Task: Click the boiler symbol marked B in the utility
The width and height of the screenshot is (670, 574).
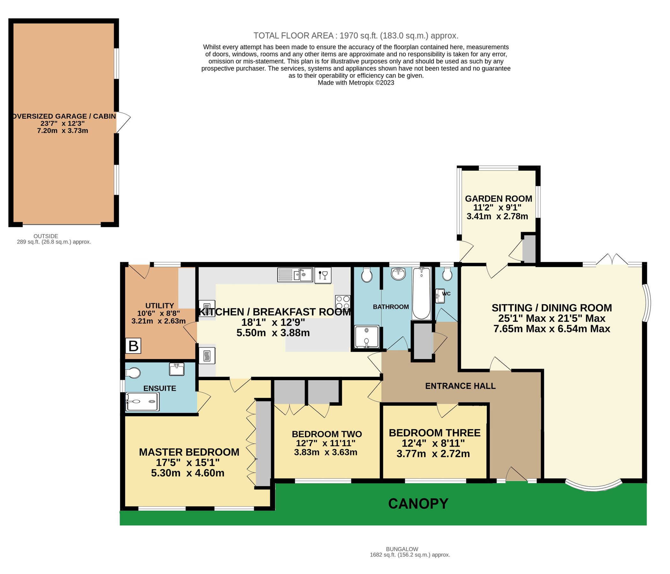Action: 133,346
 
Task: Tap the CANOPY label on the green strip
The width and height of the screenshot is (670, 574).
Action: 418,504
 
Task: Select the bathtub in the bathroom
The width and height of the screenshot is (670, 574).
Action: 421,293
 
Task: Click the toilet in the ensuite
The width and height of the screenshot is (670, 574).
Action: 133,373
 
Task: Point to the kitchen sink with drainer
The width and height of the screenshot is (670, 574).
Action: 295,275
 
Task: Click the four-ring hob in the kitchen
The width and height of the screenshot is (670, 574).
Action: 343,303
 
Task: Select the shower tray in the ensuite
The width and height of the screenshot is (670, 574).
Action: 142,401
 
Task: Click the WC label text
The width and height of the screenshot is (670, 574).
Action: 446,294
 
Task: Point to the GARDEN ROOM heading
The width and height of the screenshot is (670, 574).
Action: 498,198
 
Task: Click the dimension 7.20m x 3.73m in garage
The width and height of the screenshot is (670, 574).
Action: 63,131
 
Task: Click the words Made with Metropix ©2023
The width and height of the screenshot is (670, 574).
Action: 356,83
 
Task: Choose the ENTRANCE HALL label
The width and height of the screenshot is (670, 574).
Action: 460,386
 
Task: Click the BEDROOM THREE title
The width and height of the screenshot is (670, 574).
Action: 434,433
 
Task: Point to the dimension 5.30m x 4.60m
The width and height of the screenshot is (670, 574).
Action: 188,473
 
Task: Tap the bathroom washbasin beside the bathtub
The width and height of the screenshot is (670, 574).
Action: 398,274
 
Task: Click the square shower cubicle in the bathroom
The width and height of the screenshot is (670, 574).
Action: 367,337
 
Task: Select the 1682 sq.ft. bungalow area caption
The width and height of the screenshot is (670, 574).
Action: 410,555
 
